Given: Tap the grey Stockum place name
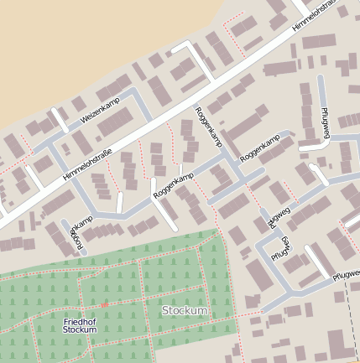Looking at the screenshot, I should click(x=184, y=311).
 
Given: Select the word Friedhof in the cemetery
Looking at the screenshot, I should click(x=79, y=321).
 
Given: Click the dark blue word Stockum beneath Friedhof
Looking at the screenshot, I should click(x=79, y=329).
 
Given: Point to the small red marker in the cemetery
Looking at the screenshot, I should click(x=104, y=305).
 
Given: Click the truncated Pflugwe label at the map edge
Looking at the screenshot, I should click(x=346, y=274).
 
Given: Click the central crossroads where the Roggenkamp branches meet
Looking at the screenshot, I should click(x=227, y=159).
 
